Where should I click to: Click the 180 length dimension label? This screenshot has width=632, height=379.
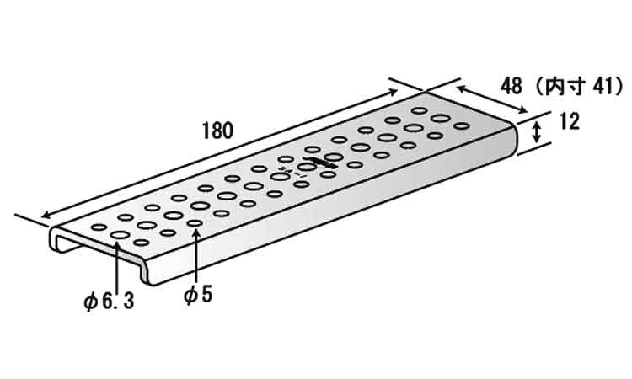pos(217,131)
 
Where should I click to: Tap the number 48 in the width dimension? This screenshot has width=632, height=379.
pos(511,87)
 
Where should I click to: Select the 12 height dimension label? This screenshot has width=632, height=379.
pos(570,121)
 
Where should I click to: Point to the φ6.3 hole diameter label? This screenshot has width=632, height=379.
pos(109,301)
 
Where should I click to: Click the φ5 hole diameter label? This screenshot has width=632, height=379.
pos(197,295)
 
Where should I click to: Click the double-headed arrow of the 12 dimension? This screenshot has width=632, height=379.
pos(536,133)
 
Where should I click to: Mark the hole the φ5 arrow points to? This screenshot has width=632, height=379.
pos(195,222)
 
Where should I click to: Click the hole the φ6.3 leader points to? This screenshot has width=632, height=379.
pos(120,235)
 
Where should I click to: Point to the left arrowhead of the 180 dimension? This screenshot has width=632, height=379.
pos(46,215)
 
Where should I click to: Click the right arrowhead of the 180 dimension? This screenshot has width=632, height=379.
pos(393,92)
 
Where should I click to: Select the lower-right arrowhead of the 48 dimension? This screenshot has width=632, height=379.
pos(522,110)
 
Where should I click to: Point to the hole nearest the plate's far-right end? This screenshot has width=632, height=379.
pos(462,126)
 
